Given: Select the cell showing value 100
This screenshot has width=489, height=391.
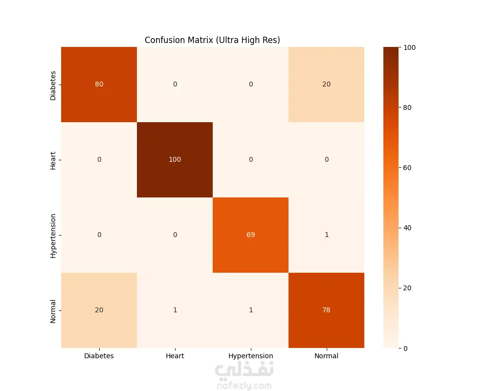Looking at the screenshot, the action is tap(175, 160).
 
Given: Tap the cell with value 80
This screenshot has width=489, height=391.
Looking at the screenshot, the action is tap(99, 85).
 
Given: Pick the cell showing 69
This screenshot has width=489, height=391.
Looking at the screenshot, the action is tap(250, 235).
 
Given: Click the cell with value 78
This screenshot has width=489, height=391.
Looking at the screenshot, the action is tap(326, 310).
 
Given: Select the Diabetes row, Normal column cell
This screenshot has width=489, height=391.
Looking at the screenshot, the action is tap(326, 85).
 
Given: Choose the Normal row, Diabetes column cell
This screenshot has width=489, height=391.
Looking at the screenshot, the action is tap(99, 310).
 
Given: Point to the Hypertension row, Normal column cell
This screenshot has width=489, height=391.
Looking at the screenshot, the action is tap(326, 235).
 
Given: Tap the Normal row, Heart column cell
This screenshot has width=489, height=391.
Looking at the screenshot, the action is tap(175, 310).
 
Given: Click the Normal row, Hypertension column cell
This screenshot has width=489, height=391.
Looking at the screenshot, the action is tap(250, 310).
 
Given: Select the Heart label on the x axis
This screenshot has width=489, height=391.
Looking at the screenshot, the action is tap(175, 356).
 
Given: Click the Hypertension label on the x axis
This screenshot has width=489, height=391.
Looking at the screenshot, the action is tap(250, 356).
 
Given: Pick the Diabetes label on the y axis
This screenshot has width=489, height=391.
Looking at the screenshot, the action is tap(53, 86).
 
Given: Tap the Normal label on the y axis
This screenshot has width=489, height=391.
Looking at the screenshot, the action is tap(53, 311).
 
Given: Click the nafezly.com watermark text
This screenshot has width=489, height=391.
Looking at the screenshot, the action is tap(244, 386).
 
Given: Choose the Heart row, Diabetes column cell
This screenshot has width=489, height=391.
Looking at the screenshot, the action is tap(99, 160).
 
